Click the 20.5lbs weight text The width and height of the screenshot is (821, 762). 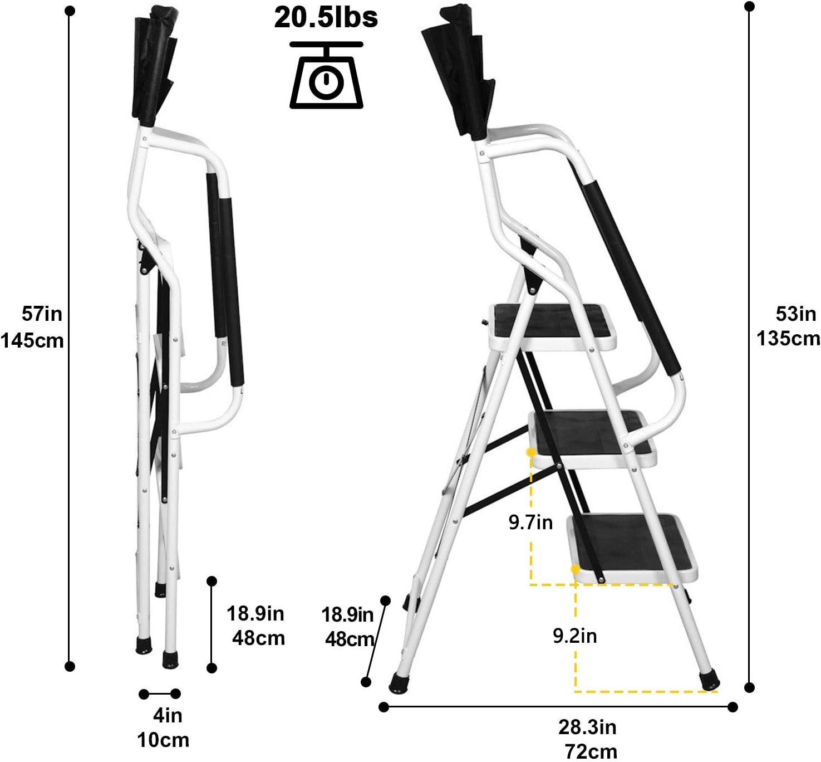point(326,17)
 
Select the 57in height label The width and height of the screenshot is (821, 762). point(42,314)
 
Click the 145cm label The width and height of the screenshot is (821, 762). point(32,340)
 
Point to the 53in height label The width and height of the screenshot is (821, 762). point(796,314)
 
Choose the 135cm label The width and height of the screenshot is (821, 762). point(788,339)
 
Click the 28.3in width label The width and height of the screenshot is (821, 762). point(587,727)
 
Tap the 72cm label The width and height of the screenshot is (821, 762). point(591,751)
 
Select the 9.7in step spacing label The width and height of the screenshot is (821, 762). point(530,522)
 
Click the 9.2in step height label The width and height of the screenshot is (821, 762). point(574,636)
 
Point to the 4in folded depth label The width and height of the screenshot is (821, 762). point(168,715)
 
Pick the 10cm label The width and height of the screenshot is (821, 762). point(163,740)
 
